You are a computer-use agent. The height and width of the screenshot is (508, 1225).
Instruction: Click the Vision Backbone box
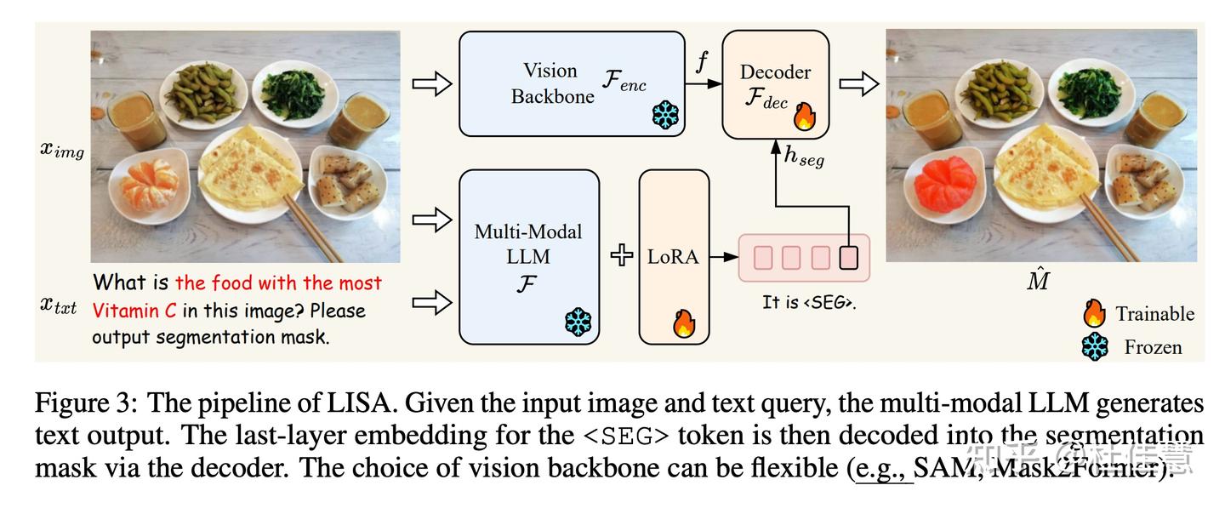(571, 83)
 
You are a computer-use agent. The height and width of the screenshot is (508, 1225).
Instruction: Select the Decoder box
(775, 84)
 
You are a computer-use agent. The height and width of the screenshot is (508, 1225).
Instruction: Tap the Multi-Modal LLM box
(528, 256)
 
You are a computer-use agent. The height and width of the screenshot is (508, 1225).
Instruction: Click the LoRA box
(674, 256)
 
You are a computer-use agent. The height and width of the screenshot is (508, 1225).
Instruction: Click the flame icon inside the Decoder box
(805, 115)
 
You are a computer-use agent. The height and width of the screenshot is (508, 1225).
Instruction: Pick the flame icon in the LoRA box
(685, 322)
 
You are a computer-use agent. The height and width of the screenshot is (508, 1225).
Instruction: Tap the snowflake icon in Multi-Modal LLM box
(578, 322)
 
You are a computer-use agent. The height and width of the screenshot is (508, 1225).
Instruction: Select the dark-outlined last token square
(849, 257)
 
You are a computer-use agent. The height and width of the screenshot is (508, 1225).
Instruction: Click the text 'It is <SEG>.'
(808, 302)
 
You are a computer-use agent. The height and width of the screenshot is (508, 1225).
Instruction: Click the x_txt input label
(59, 305)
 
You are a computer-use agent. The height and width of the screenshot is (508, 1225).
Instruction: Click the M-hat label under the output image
(1038, 281)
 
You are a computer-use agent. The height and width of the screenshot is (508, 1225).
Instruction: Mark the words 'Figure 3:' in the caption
(85, 403)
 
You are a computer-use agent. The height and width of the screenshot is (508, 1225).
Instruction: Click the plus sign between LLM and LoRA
(621, 255)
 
